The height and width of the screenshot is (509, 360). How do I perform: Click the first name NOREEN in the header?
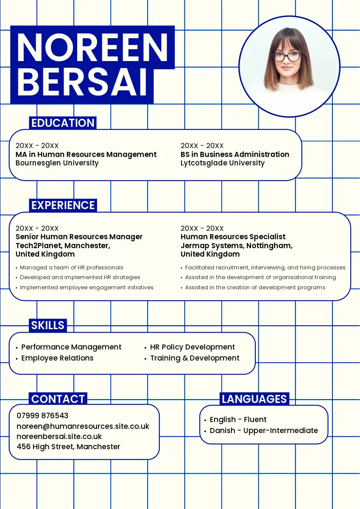92,48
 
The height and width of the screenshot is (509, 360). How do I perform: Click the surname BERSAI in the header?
82,82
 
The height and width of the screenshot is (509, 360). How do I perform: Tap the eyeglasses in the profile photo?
287,56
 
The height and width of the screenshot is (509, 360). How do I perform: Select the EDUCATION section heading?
63,123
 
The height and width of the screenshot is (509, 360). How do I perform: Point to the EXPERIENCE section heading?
63,205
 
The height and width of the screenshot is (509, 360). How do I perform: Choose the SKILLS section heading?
48,325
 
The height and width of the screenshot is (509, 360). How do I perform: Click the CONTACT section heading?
58,399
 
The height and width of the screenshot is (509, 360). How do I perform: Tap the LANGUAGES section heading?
254,399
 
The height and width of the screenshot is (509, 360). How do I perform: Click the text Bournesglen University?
57,163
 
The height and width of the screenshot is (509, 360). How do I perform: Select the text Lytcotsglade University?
223,163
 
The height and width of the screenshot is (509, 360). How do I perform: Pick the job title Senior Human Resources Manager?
79,237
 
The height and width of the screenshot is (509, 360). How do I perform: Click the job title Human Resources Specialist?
233,237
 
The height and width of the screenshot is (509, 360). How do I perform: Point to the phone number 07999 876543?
42,415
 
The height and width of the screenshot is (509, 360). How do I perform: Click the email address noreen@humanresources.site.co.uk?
83,426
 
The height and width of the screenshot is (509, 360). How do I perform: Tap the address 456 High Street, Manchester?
69,447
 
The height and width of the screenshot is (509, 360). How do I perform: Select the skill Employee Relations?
57,358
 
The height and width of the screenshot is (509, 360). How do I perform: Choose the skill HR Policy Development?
193,347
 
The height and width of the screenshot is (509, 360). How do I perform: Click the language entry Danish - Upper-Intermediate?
264,431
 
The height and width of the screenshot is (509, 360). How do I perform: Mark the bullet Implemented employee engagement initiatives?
87,287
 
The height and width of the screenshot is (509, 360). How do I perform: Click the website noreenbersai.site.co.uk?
59,436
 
